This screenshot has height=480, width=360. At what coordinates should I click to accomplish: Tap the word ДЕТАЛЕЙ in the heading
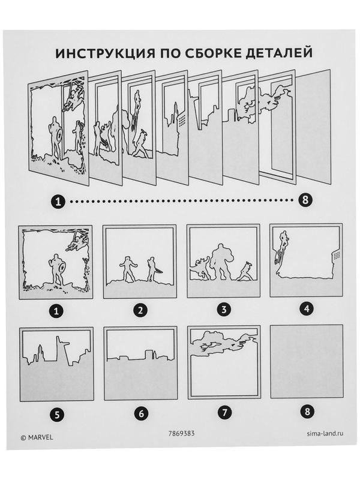pos(278,53)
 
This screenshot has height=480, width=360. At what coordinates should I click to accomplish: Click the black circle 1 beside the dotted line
pos(58,201)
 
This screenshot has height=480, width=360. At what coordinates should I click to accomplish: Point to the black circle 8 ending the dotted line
pos(305,200)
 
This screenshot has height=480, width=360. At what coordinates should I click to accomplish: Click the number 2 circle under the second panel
pos(140,310)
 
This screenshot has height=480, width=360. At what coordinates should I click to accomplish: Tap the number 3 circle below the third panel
pos(224,310)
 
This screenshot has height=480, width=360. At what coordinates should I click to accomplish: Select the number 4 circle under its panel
pos(307,309)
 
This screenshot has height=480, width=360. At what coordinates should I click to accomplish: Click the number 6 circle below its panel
pos(141,413)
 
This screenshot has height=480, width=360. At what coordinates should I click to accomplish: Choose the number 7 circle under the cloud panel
pos(224,413)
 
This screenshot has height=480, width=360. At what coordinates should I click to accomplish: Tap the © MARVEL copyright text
pos(37,437)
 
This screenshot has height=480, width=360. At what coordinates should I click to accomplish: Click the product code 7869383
pos(182,433)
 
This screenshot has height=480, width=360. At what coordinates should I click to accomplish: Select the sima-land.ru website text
pos(325,433)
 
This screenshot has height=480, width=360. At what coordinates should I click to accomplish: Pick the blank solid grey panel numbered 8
pos(307,362)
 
